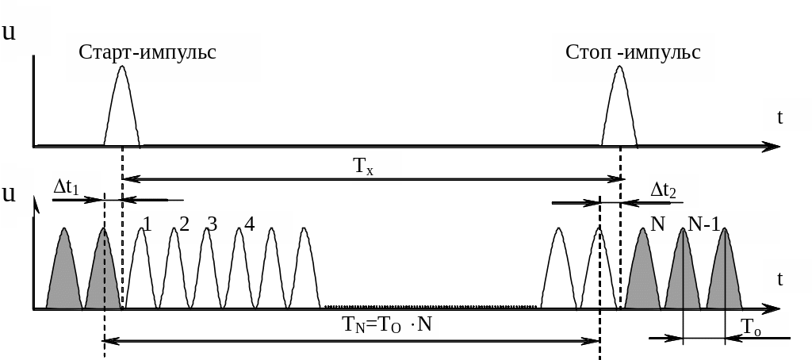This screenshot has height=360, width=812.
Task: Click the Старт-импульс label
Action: click(147, 52)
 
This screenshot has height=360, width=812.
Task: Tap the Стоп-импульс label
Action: click(633, 52)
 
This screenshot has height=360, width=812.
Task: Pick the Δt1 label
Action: click(67, 187)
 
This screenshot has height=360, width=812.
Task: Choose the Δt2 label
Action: click(664, 190)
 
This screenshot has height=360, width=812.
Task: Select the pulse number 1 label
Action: click(147, 224)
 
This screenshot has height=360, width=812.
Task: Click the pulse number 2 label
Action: click(184, 224)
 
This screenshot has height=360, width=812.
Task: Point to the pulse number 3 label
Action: click(212, 224)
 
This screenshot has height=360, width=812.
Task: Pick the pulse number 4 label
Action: click(249, 224)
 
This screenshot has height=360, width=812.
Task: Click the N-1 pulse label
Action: click(703, 224)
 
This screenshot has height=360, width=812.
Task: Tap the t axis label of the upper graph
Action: click(780, 117)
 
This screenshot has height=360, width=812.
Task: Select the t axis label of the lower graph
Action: click(780, 278)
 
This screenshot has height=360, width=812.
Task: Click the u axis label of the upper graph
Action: click(9, 32)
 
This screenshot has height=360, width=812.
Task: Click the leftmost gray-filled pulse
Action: click(64, 274)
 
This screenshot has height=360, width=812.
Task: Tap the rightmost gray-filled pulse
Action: click(724, 274)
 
